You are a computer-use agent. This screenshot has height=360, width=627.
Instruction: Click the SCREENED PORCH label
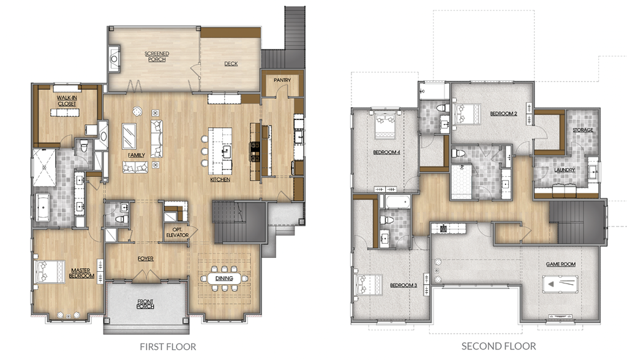[x=157, y=56]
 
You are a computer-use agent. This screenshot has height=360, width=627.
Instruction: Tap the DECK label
[x=231, y=64]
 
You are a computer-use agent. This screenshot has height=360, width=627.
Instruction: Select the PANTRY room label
[x=282, y=80]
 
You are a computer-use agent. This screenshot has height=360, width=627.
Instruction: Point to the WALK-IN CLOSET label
[x=67, y=100]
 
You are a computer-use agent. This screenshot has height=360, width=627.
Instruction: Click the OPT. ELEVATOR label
[x=177, y=233]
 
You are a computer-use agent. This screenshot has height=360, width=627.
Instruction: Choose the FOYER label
[x=146, y=259]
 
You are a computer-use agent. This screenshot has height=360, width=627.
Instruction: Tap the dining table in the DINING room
[x=224, y=279]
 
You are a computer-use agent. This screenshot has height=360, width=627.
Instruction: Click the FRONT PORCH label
[x=145, y=304]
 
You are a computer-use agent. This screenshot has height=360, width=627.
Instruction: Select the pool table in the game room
[x=560, y=284]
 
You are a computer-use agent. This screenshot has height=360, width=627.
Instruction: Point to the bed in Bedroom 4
[x=385, y=125]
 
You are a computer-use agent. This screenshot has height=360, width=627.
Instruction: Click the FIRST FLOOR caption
[x=168, y=347]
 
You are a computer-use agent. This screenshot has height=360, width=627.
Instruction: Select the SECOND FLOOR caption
[x=498, y=346]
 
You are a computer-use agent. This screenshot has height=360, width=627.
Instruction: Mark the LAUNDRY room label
[x=565, y=170]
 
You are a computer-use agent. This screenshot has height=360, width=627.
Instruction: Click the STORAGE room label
[x=583, y=130]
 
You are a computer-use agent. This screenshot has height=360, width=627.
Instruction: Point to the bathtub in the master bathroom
[x=42, y=208]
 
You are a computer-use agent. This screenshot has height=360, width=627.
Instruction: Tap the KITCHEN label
[x=220, y=179]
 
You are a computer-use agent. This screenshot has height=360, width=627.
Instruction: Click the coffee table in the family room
[x=129, y=136]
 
